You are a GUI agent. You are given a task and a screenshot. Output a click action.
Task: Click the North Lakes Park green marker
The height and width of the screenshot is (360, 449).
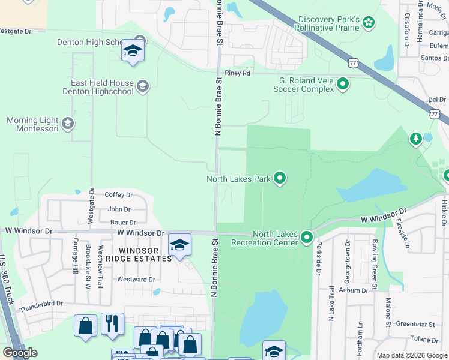coord(279,178)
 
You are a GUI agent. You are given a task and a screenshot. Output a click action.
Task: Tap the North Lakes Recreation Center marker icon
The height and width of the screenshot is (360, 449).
coord(306,238)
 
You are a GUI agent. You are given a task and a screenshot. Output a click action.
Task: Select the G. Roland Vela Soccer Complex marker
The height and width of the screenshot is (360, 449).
coord(343,84)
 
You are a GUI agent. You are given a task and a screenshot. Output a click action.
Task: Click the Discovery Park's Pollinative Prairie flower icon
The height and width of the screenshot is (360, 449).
coord(369,23)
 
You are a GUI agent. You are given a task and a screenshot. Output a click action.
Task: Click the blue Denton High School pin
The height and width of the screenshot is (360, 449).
coord(133,51)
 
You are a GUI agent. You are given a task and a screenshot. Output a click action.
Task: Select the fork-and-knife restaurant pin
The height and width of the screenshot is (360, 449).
coord(112,325)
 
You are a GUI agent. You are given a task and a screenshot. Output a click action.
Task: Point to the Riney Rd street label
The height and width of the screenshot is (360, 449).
coord(237,73)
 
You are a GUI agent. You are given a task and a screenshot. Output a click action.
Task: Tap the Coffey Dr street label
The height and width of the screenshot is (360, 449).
coord(118,194)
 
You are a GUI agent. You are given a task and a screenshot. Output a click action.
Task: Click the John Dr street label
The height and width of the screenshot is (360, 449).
coord(119,209)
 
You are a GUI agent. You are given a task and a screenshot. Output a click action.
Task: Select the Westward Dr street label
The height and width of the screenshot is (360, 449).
coord(136,279)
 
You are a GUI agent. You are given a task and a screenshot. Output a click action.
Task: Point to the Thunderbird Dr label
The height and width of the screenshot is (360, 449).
coord(41,304)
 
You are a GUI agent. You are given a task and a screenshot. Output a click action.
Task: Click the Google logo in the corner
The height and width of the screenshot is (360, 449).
coord(20,353)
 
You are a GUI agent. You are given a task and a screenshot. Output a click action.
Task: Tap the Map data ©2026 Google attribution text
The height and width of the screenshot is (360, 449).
coord(412,355)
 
